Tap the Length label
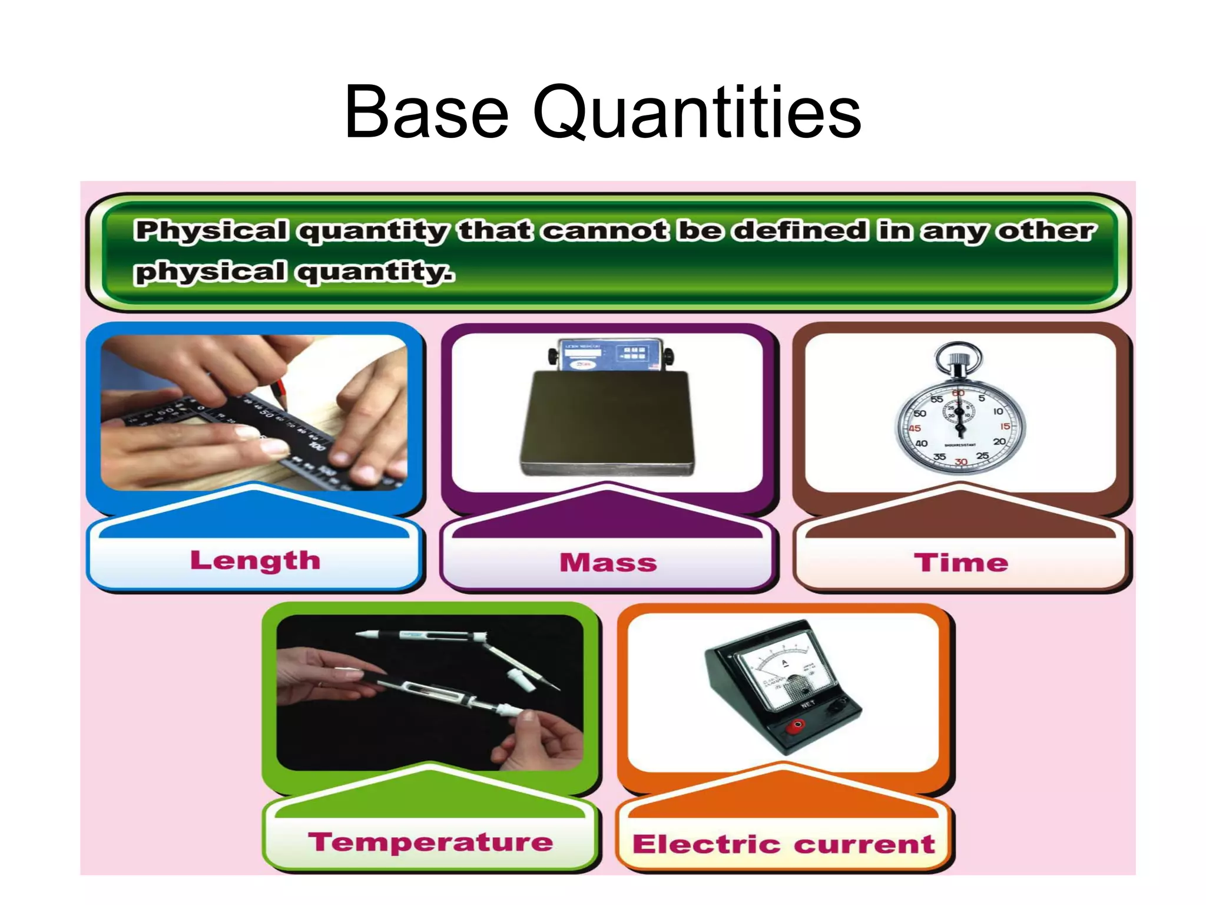click(255, 560)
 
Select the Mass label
click(608, 563)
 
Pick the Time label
click(960, 563)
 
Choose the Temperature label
click(430, 843)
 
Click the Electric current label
click(783, 844)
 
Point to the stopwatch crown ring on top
click(958, 354)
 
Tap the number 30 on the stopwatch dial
click(961, 462)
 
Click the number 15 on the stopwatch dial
click(1005, 426)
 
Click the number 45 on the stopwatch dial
click(915, 428)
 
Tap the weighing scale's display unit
click(609, 355)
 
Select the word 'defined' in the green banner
click(800, 230)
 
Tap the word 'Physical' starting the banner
click(211, 230)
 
